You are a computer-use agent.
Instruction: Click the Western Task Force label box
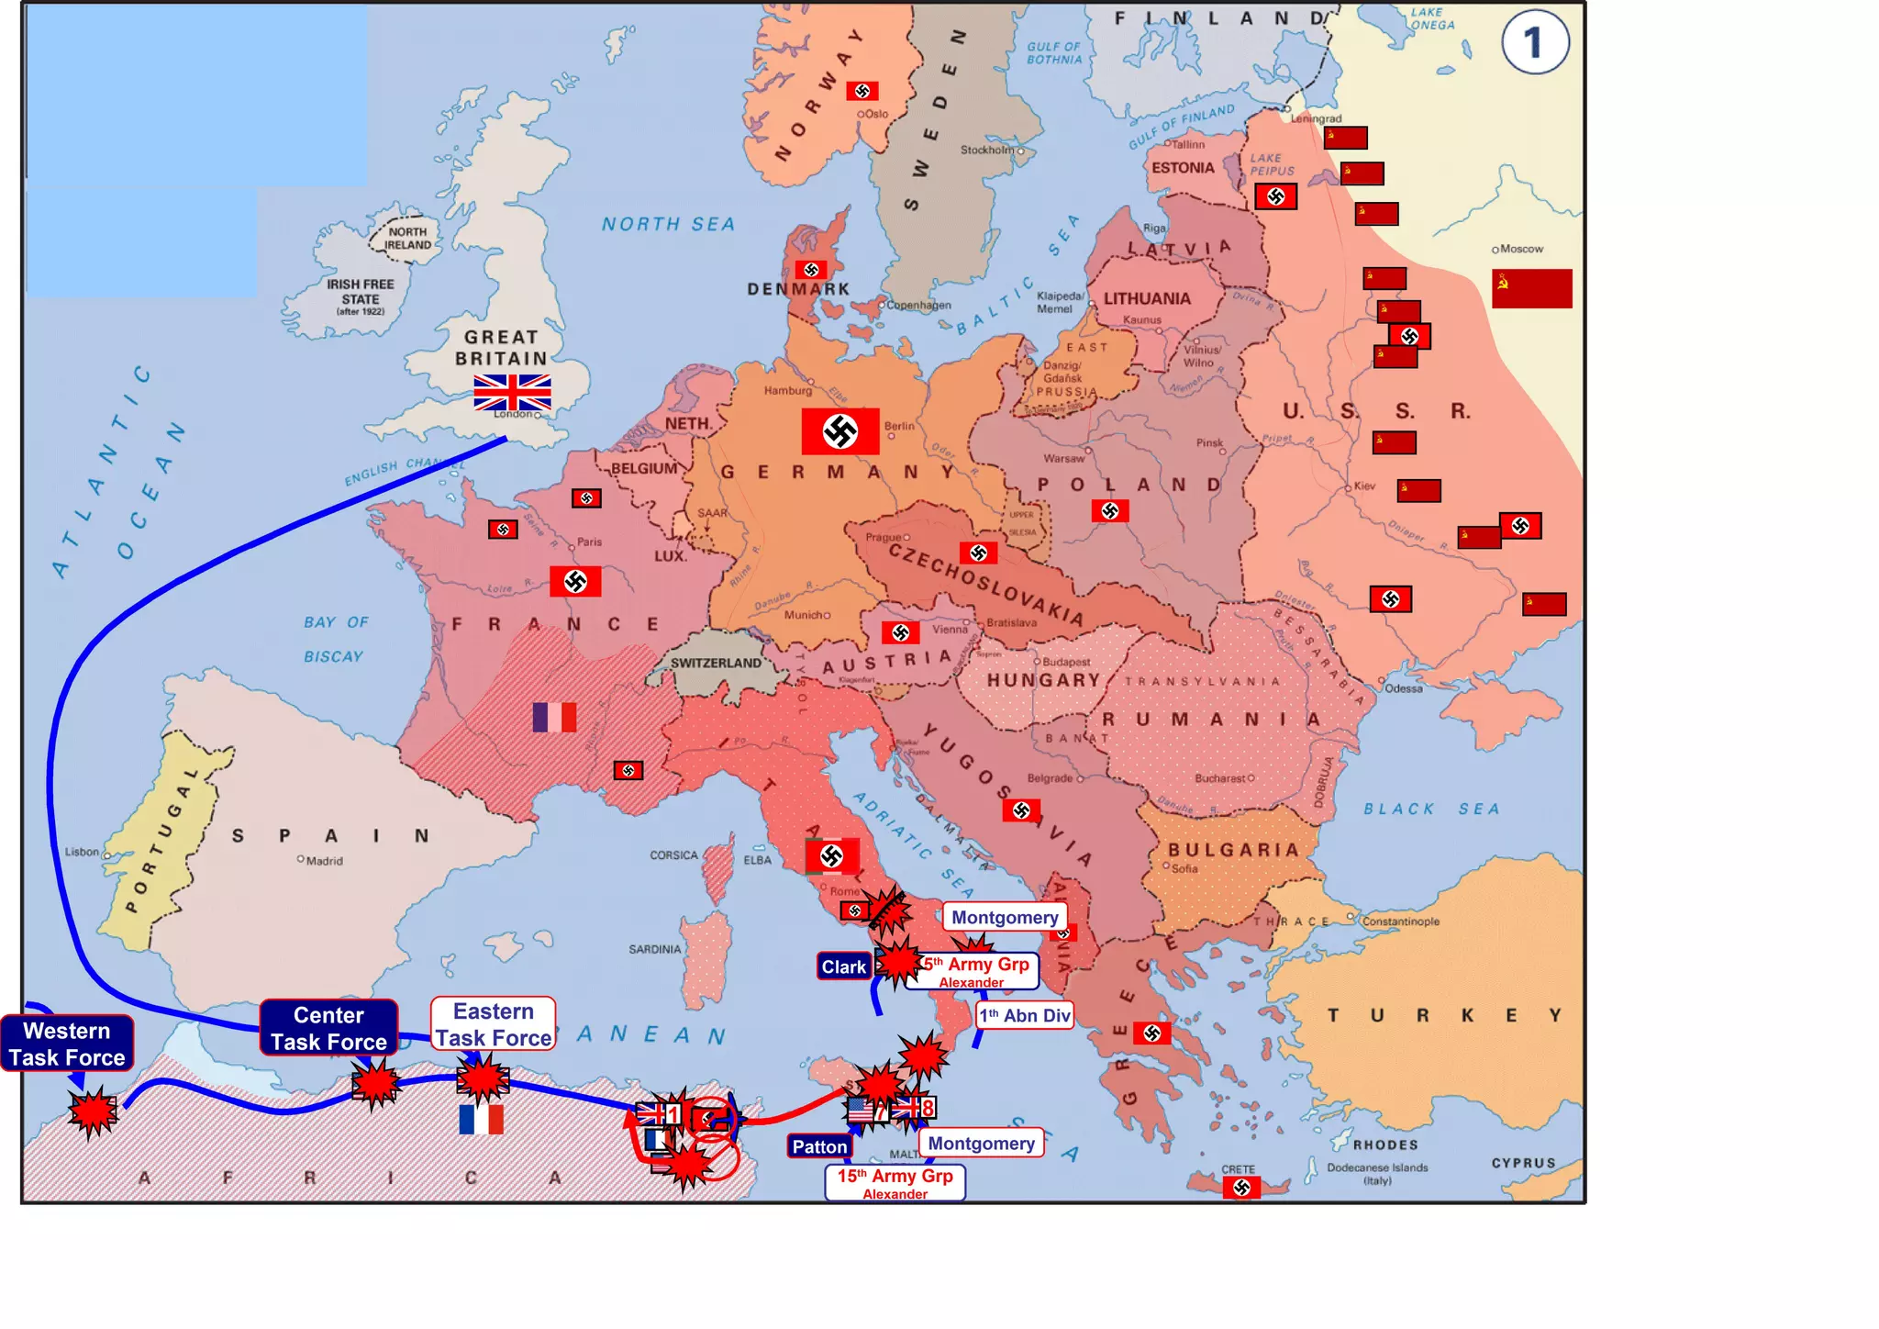tap(67, 1044)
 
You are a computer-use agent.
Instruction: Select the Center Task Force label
tap(328, 1028)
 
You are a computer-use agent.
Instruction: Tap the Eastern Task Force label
tap(494, 1024)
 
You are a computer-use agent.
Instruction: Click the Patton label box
tap(819, 1146)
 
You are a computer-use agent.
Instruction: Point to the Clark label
tap(843, 966)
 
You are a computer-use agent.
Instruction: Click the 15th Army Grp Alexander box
tap(895, 1183)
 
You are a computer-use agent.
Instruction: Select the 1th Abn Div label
tap(1024, 1015)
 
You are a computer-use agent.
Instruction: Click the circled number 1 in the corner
tap(1534, 43)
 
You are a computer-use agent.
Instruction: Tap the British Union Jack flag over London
tap(512, 392)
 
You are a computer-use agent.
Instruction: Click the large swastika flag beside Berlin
tap(839, 431)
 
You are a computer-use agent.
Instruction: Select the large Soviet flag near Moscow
tap(1531, 288)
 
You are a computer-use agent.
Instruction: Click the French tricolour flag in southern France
tap(554, 717)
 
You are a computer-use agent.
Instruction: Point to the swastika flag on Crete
tap(1241, 1188)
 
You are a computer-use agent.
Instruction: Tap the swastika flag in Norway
tap(862, 91)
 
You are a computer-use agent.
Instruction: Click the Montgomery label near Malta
tap(981, 1143)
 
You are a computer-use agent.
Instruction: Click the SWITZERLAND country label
tap(716, 663)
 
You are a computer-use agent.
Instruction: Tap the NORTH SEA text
tap(668, 224)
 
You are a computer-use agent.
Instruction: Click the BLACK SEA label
tap(1430, 809)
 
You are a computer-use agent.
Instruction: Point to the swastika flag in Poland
tap(1109, 511)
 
